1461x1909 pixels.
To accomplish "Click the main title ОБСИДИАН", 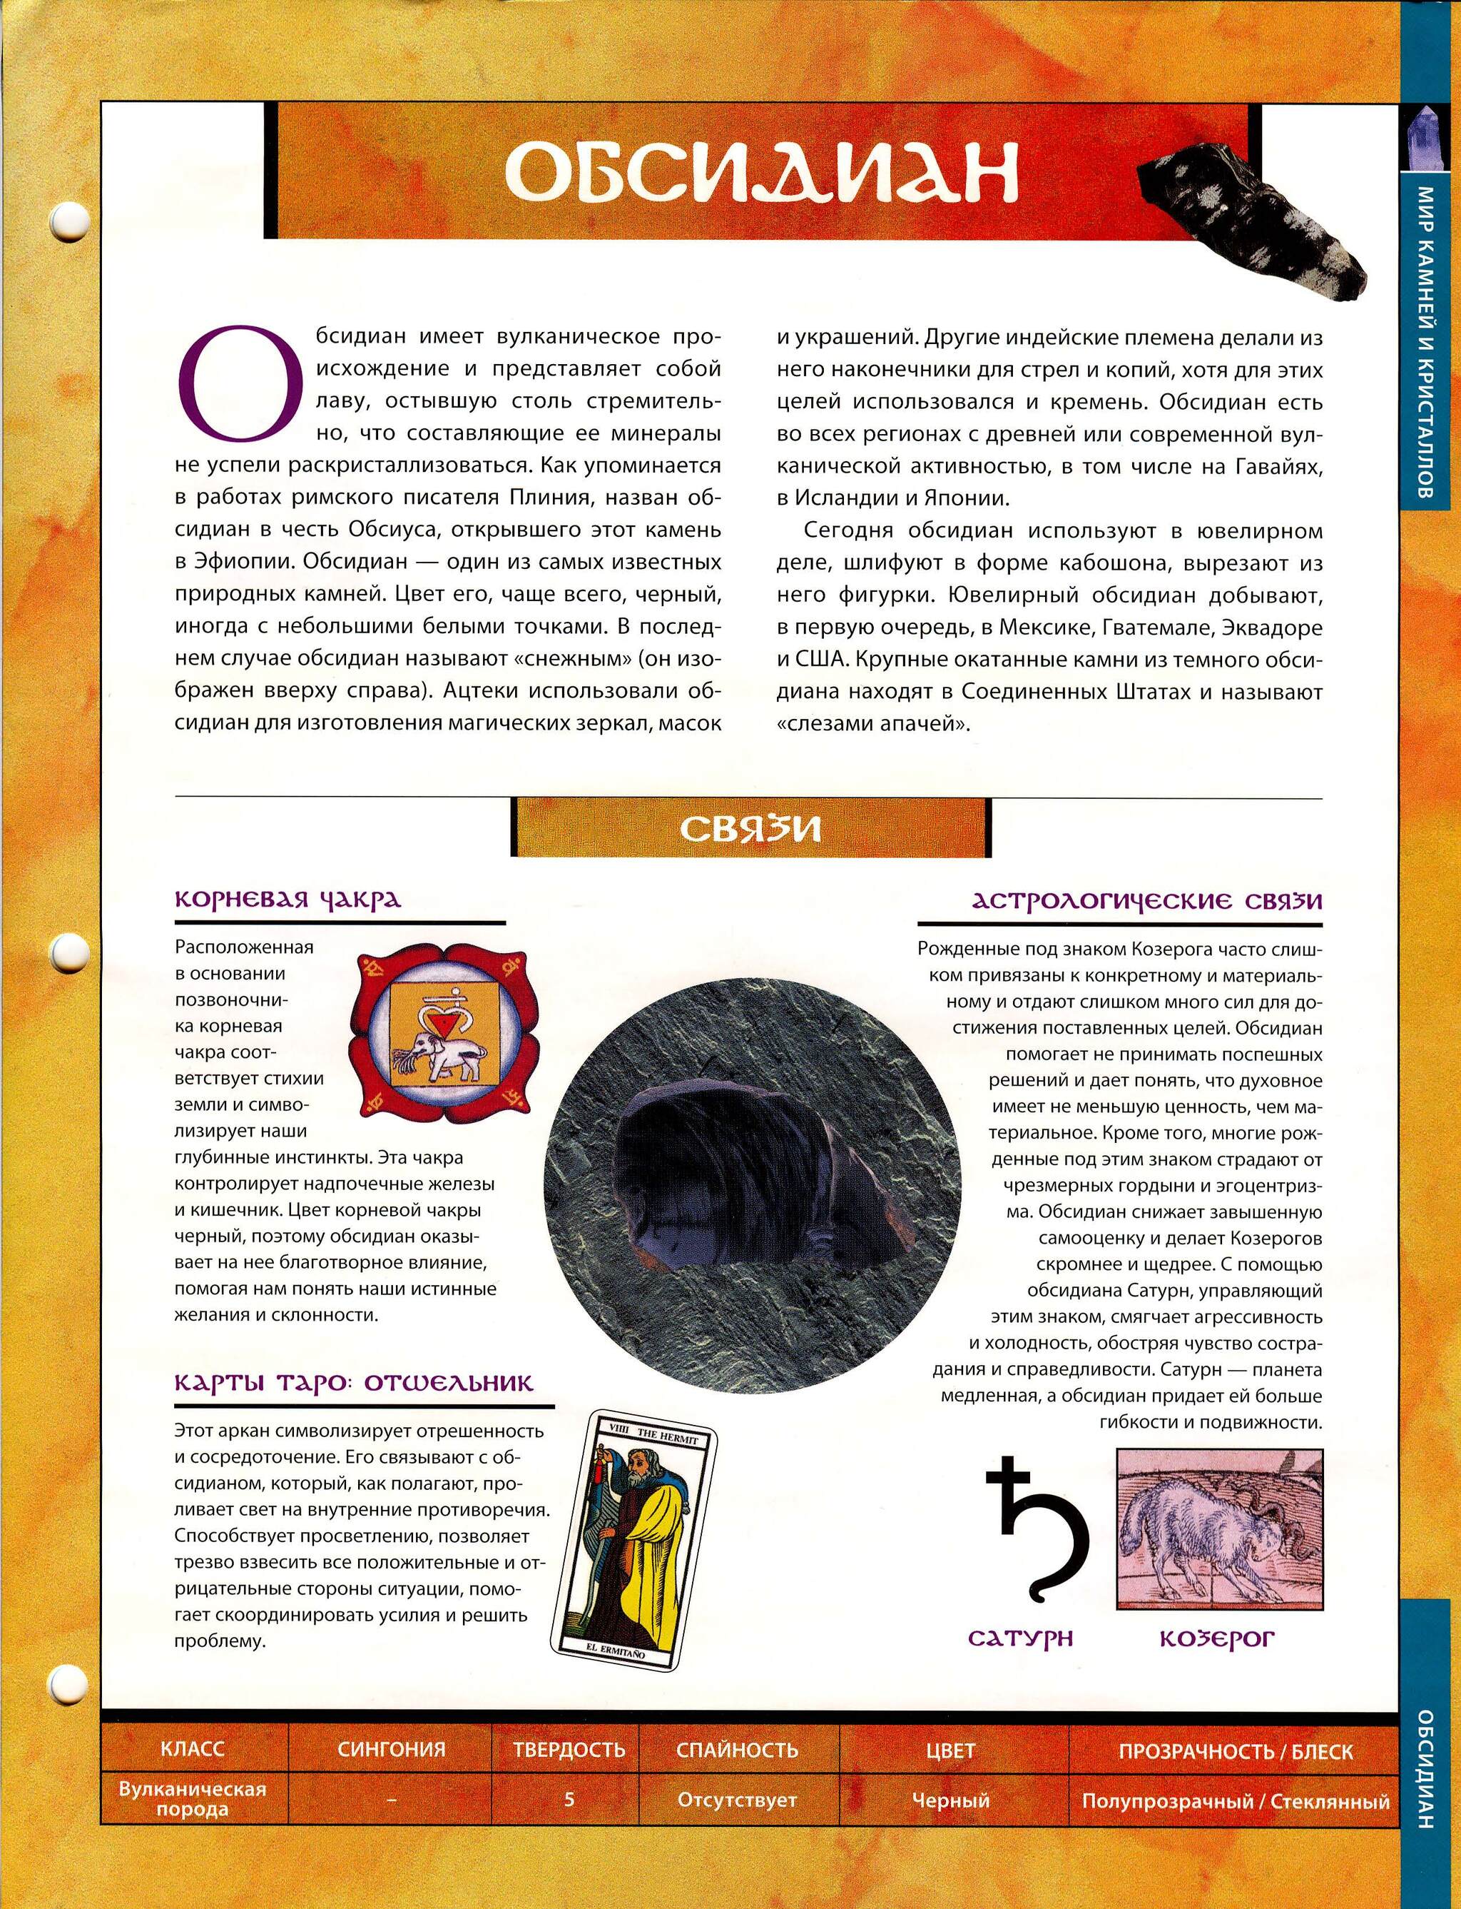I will (x=761, y=171).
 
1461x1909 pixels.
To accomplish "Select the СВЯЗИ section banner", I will (x=750, y=827).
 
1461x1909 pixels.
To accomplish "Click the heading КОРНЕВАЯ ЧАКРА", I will (x=288, y=899).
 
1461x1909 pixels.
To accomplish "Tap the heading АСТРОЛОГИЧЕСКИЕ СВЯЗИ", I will (x=1146, y=900).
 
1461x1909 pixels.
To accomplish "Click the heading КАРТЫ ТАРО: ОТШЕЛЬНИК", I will (x=354, y=1383).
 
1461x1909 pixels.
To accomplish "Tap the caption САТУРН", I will (x=1021, y=1638).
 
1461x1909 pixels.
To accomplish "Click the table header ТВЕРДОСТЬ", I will (x=569, y=1749).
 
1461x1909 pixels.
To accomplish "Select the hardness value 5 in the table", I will (x=569, y=1799).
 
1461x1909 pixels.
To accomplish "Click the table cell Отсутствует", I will (x=737, y=1799).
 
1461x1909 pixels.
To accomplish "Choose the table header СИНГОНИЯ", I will (x=392, y=1749).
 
